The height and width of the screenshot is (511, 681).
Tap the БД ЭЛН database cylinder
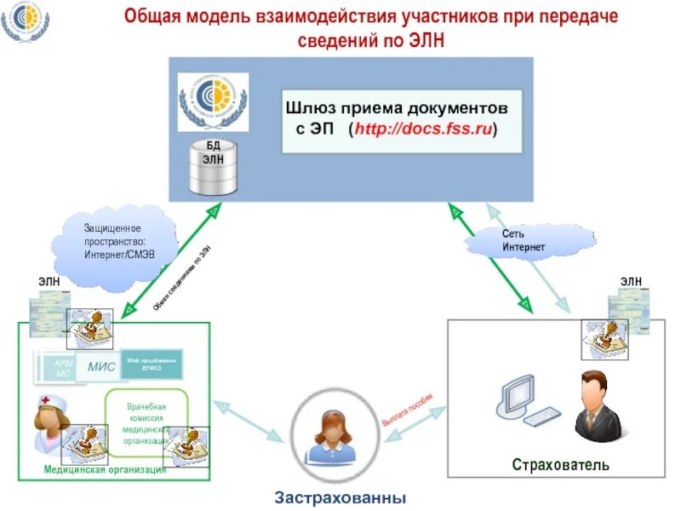point(211,167)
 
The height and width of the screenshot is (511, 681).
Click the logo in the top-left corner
point(25,23)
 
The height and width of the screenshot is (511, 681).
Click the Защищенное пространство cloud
point(118,241)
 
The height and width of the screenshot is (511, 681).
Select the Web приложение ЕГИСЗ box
point(152,363)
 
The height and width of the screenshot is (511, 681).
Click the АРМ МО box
point(64,368)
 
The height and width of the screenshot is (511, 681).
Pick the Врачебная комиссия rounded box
point(146,422)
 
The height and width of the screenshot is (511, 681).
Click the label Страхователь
point(561,464)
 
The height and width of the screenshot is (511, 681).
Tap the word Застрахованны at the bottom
point(340,497)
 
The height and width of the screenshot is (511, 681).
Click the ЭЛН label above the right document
point(631,282)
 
